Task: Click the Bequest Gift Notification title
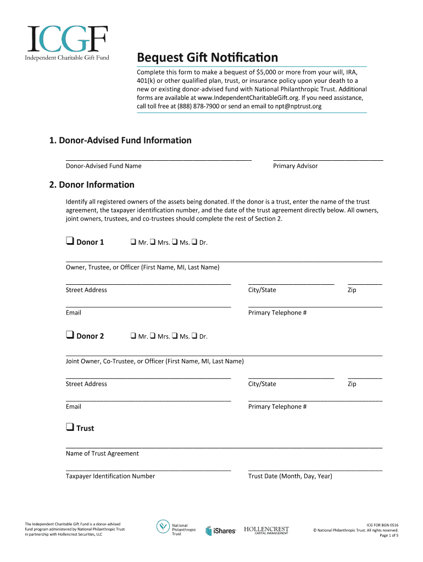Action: pyautogui.click(x=207, y=58)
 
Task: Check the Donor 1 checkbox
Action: pyautogui.click(x=70, y=241)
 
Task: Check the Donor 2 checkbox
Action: pyautogui.click(x=70, y=335)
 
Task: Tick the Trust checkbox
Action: pyautogui.click(x=70, y=428)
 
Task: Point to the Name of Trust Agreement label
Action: pyautogui.click(x=102, y=453)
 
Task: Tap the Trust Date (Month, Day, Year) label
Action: pyautogui.click(x=290, y=476)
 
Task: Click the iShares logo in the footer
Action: pyautogui.click(x=221, y=531)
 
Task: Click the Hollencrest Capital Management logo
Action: pyautogui.click(x=266, y=530)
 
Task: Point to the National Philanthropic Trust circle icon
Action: pyautogui.click(x=163, y=527)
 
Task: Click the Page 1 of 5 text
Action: pyautogui.click(x=389, y=536)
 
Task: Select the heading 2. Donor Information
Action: pyautogui.click(x=92, y=184)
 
